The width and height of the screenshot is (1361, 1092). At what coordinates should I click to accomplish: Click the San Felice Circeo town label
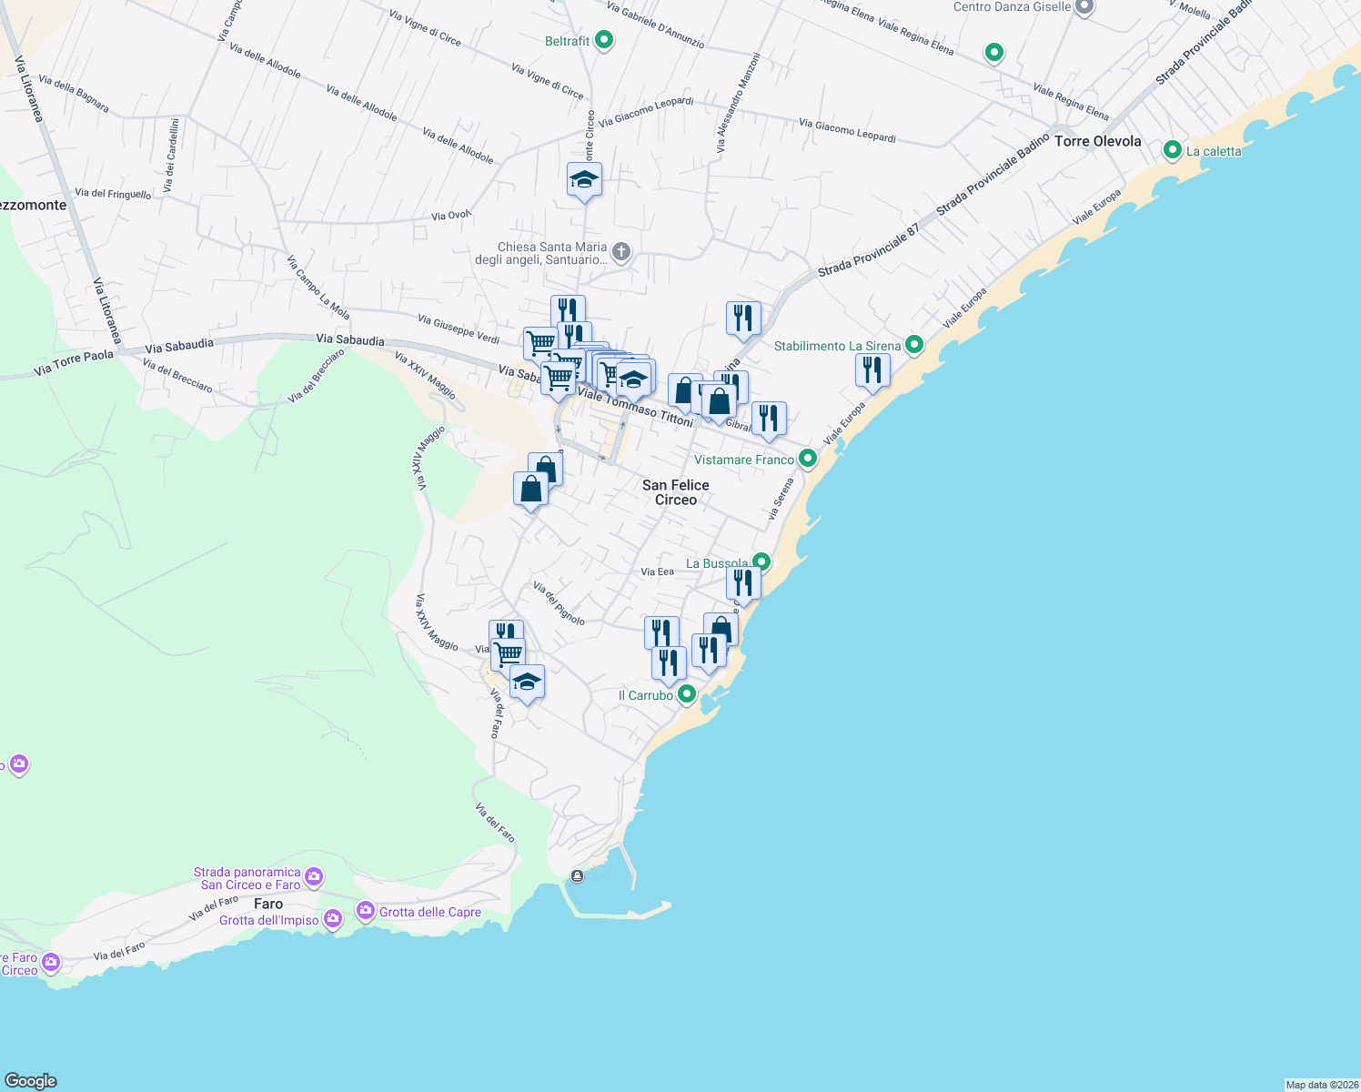[x=675, y=492]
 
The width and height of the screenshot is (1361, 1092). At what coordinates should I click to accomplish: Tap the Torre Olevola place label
[x=1097, y=141]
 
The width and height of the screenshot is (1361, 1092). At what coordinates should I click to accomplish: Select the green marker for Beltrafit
[x=604, y=40]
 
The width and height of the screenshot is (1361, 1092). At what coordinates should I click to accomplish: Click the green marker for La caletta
[x=1173, y=150]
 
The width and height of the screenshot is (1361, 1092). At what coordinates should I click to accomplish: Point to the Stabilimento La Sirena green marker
[x=914, y=345]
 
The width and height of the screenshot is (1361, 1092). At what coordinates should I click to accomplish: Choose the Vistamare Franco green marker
[x=807, y=459]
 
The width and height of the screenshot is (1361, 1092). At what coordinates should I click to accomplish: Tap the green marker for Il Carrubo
[x=687, y=694]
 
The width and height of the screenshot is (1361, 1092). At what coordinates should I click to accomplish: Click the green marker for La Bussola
[x=761, y=562]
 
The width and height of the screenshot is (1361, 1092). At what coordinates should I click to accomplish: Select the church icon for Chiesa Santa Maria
[x=621, y=252]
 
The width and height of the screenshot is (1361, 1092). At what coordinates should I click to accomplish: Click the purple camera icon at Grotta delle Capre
[x=366, y=910]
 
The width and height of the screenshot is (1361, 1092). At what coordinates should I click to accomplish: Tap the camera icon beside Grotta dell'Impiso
[x=333, y=919]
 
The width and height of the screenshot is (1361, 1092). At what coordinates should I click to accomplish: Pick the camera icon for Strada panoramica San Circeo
[x=314, y=877]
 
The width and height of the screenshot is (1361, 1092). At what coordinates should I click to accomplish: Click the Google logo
[x=31, y=1080]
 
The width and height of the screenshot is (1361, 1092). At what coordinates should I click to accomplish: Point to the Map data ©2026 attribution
[x=1321, y=1085]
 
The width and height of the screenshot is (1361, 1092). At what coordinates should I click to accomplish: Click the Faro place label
[x=268, y=904]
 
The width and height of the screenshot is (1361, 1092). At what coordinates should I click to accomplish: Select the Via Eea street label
[x=657, y=571]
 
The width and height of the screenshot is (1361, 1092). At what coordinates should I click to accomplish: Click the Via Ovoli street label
[x=451, y=216]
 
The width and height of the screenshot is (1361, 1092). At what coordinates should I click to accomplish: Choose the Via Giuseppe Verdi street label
[x=459, y=329]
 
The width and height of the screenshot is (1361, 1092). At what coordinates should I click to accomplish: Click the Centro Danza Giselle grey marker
[x=1084, y=7]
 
